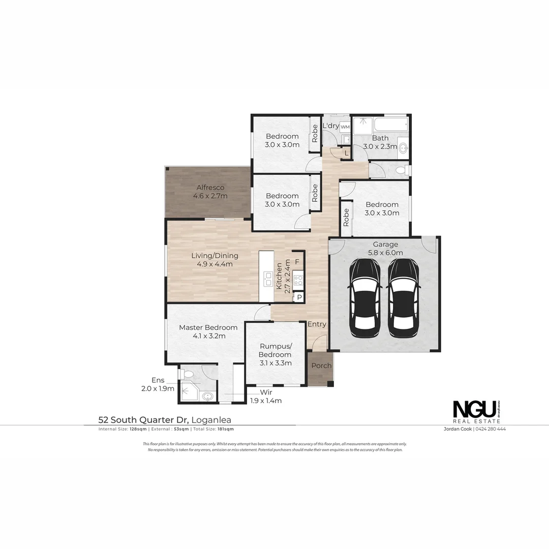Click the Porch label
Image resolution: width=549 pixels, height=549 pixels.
click(321, 365)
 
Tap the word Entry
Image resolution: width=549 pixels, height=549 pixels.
click(317, 324)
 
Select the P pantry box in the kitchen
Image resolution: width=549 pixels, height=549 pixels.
click(299, 297)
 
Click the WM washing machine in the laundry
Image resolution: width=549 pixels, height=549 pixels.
click(345, 127)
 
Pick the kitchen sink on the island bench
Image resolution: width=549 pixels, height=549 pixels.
click(267, 278)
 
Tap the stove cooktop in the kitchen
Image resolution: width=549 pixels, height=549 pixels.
click(298, 279)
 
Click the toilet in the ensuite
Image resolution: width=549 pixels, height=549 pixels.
click(186, 375)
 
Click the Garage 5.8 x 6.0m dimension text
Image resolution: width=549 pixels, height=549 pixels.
click(385, 253)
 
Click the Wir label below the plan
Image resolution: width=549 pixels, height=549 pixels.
click(266, 392)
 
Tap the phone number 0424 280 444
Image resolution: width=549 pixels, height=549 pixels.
click(491, 429)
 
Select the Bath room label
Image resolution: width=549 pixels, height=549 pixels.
click(380, 138)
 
